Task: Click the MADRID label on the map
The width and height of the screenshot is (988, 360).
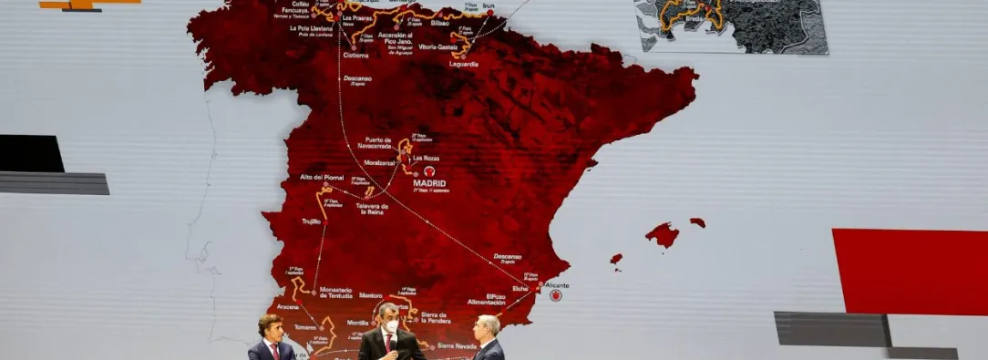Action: [x=429, y=182]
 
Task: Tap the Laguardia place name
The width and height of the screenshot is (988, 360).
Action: [x=463, y=64]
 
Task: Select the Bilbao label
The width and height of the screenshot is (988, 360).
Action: [x=440, y=23]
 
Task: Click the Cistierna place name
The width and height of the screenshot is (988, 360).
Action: [x=355, y=55]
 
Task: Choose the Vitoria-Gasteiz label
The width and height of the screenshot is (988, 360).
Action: [x=435, y=46]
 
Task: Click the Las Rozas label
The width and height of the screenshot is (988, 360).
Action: [x=426, y=158]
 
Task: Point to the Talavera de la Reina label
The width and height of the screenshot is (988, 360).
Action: [x=372, y=209]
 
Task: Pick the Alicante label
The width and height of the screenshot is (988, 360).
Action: [x=556, y=285]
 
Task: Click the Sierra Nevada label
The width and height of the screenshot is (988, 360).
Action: [x=457, y=346]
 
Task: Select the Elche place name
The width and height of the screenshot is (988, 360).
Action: [x=520, y=288]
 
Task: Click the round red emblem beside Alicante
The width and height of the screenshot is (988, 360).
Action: [x=555, y=295]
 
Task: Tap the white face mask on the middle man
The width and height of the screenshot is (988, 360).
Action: [x=390, y=325]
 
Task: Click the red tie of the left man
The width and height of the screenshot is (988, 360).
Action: [x=274, y=352]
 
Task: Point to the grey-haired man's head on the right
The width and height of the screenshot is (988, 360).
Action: [x=489, y=325]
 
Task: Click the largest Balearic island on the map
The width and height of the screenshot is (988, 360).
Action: [x=663, y=234]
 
